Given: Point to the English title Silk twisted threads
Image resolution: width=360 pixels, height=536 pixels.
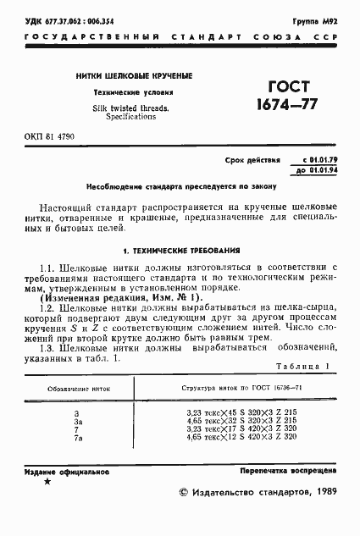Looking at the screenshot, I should [131, 108].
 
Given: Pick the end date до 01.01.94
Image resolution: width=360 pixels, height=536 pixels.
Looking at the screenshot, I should [319, 170].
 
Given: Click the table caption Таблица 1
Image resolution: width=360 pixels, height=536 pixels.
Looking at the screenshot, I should [303, 366].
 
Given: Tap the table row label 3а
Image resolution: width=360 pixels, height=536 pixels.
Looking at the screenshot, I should [78, 420].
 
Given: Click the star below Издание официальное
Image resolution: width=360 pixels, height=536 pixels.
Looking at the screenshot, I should [47, 481].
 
